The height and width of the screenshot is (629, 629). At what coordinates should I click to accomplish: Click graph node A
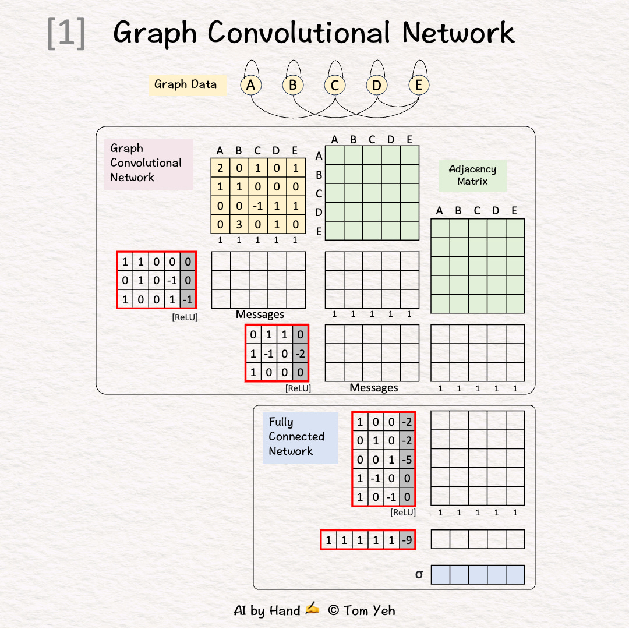click(x=250, y=86)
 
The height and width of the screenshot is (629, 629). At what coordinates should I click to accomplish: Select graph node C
click(x=334, y=86)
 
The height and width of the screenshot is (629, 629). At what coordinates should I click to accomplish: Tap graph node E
click(x=418, y=86)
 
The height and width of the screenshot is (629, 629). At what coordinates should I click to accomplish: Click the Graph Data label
click(x=186, y=84)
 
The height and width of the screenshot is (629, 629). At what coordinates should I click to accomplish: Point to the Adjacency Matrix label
click(x=472, y=175)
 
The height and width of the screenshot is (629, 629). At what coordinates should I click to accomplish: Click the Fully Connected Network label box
click(x=299, y=437)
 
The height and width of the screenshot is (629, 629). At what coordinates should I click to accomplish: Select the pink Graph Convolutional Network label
click(x=148, y=164)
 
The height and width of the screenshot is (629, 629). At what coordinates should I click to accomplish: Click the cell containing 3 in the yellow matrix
click(x=239, y=225)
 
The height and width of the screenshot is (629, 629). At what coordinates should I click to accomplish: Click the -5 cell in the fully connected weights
click(x=407, y=460)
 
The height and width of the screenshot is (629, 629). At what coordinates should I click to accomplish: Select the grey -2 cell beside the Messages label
click(x=300, y=354)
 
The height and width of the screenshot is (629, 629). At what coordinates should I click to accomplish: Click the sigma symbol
click(x=419, y=575)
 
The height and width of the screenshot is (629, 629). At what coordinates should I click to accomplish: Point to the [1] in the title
click(x=66, y=33)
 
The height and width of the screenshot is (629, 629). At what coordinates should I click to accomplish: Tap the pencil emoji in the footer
click(x=312, y=609)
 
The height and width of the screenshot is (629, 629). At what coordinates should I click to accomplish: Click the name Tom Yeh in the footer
click(x=369, y=610)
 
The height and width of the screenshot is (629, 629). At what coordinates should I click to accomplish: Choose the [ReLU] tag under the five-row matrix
click(x=403, y=513)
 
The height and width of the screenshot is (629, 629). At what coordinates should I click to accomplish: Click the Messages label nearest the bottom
click(x=374, y=388)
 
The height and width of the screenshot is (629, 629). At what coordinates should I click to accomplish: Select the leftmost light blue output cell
click(x=440, y=575)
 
